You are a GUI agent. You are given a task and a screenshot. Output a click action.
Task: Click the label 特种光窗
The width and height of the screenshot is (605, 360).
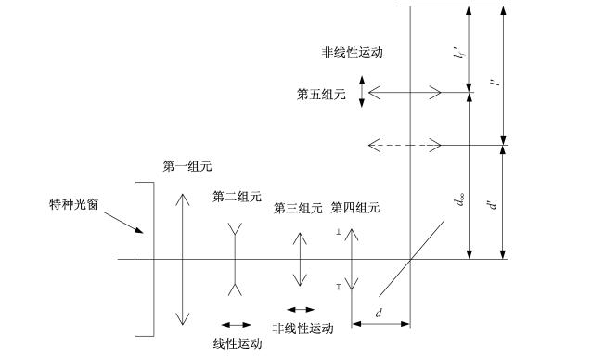(x=73, y=204)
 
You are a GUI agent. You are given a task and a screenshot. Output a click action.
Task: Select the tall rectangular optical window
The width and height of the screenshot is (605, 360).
(x=145, y=259)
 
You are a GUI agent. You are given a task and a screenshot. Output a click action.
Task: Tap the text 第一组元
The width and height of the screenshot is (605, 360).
(x=187, y=166)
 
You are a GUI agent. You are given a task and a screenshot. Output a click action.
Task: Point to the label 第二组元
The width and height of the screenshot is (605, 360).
(x=237, y=197)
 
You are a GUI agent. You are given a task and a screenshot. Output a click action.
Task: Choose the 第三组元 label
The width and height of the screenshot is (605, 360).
(x=298, y=209)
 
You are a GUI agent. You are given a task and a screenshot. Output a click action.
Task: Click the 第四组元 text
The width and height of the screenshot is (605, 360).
(x=355, y=208)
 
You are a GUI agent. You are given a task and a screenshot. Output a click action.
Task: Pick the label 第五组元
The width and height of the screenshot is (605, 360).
(x=321, y=94)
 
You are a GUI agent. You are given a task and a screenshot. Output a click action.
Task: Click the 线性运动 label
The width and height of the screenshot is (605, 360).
(x=238, y=343)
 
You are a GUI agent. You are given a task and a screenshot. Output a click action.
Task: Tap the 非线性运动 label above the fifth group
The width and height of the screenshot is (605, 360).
(x=353, y=52)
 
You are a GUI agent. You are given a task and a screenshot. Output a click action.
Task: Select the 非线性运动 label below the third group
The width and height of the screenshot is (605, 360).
(x=302, y=328)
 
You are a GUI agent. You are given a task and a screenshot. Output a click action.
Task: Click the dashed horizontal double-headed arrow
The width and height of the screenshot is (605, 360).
(x=405, y=145)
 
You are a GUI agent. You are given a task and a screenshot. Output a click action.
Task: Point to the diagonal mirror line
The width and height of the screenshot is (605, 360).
(x=412, y=259)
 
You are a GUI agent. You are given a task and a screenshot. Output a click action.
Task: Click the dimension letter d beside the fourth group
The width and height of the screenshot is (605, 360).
(x=379, y=313)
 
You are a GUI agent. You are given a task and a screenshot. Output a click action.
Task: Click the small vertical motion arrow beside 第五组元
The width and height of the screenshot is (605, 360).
(x=362, y=92)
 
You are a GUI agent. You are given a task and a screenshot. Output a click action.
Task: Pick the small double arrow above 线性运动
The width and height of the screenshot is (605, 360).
(x=236, y=325)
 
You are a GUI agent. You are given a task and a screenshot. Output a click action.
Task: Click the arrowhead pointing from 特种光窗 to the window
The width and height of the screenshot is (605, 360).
(x=139, y=230)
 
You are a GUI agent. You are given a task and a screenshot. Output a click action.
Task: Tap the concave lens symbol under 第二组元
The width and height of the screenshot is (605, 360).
(x=235, y=259)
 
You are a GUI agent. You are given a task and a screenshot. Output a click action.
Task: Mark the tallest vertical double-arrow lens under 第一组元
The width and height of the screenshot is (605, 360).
(x=183, y=259)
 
